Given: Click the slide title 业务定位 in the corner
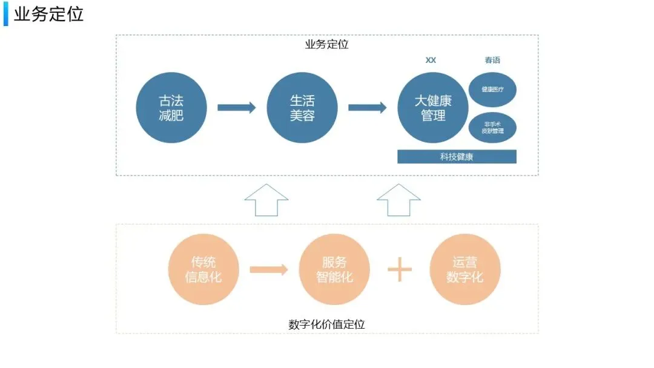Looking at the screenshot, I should pos(48,15).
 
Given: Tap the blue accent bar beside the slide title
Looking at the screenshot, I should pos(6,15).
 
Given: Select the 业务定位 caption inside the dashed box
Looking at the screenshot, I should pos(326,44).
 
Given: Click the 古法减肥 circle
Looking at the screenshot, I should pos(171,108).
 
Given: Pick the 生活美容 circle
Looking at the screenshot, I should pos(302,108).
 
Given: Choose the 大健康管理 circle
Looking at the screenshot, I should pos(432,108).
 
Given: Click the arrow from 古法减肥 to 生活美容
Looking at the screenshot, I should pos(236,108).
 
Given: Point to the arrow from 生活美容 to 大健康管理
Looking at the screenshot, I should pos(367,108).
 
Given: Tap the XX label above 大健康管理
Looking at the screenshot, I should pos(431,60).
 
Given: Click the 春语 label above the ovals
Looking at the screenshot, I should pos(492,60).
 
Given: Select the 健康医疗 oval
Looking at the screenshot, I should pos(492,90).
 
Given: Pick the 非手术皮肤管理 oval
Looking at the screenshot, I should pos(492,126).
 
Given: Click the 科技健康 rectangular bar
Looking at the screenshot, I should pos(457,157).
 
